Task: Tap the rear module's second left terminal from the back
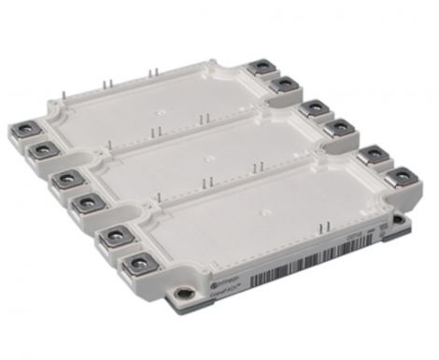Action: (40, 149)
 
